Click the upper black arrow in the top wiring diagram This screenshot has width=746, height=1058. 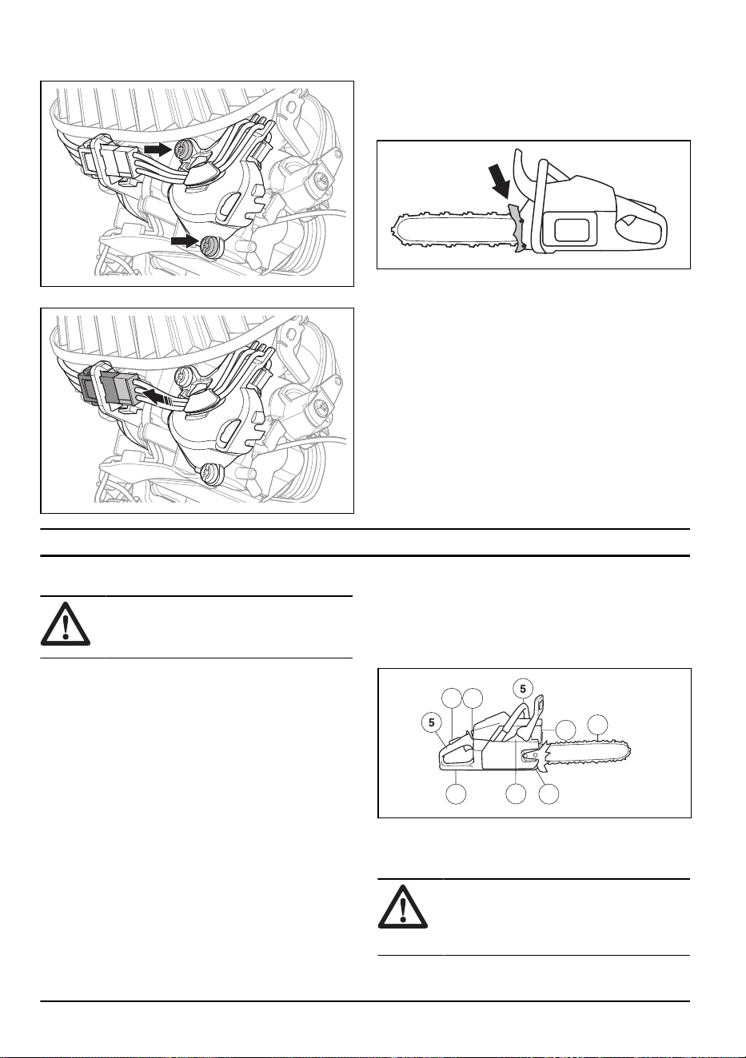tap(158, 149)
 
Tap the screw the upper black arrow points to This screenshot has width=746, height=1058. tap(183, 149)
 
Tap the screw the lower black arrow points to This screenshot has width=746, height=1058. tap(209, 245)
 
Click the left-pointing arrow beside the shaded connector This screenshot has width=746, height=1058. tap(157, 396)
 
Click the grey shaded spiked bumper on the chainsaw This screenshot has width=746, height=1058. tap(519, 228)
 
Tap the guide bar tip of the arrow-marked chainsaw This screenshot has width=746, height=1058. tap(395, 229)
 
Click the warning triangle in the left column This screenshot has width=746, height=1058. tap(66, 623)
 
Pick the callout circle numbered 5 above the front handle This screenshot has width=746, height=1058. tap(522, 689)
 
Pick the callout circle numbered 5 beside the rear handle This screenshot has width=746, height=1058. tap(431, 722)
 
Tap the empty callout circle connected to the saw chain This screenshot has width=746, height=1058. tap(597, 725)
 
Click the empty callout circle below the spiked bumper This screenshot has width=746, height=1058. tap(549, 793)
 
